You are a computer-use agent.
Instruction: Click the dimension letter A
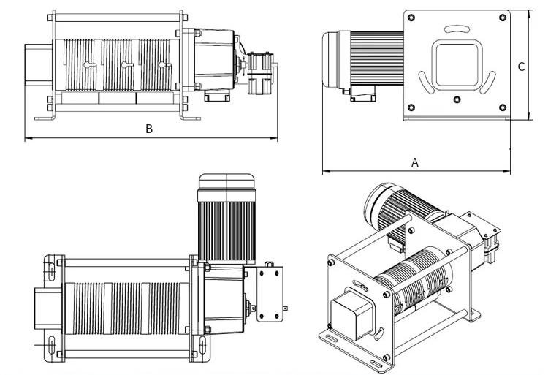click(415, 162)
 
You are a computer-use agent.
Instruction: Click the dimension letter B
click(149, 129)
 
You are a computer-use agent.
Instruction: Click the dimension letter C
click(521, 67)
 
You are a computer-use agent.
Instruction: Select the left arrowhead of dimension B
click(28, 137)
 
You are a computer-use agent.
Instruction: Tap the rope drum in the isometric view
click(417, 277)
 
